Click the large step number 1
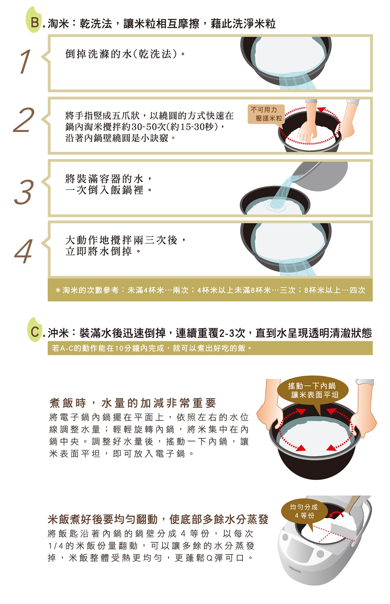25,61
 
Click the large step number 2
24,120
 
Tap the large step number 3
24,191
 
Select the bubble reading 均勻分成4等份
304,511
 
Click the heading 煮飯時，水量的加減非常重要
133,403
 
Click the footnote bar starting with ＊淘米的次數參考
210,290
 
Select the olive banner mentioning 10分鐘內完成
210,348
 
